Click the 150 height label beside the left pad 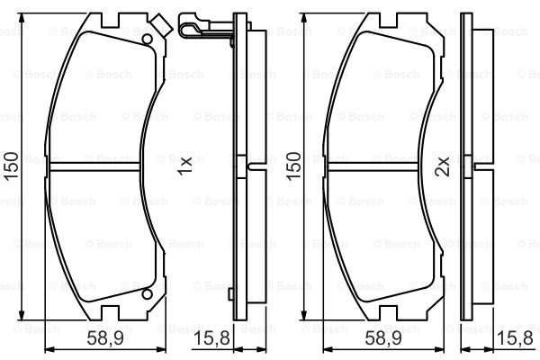click(x=12, y=166)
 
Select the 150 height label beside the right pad click(x=293, y=166)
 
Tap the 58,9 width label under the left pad click(x=105, y=338)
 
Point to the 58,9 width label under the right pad click(x=383, y=338)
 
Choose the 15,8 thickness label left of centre click(x=211, y=338)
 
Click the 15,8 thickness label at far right click(x=515, y=338)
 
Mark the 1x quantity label click(x=184, y=166)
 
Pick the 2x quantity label click(x=442, y=166)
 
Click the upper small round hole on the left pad click(x=148, y=40)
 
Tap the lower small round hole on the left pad click(x=148, y=294)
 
